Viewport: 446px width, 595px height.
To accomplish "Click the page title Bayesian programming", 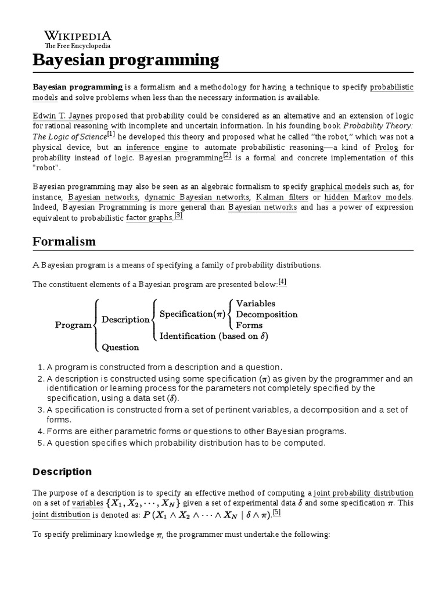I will click(126, 60).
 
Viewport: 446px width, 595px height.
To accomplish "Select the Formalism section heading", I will click(64, 241).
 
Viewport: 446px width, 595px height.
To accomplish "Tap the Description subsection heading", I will click(62, 471).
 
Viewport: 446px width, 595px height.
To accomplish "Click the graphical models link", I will click(339, 187).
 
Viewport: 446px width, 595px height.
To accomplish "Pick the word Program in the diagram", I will click(73, 325).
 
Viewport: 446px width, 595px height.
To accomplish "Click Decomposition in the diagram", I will click(267, 314).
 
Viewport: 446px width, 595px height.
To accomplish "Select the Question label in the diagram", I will click(120, 347).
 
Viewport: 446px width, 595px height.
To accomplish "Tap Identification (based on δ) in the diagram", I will click(214, 336).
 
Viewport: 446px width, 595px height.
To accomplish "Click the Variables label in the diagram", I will click(256, 303).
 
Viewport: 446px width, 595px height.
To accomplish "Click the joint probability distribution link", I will click(364, 493).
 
